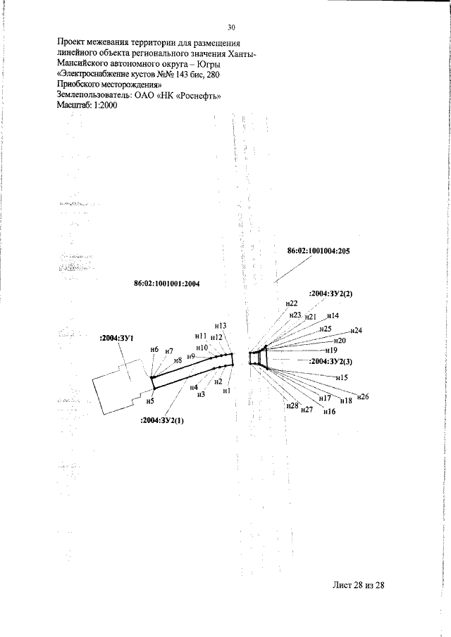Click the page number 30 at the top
click(231, 27)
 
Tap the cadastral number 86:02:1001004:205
click(319, 251)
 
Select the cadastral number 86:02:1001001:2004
click(167, 284)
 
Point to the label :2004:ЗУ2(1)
click(162, 421)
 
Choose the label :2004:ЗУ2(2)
click(330, 294)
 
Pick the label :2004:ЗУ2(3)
click(330, 361)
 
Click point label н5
click(150, 401)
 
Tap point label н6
click(154, 349)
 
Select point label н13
click(221, 326)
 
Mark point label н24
click(356, 330)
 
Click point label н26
click(363, 396)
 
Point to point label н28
click(292, 405)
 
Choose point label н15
click(342, 377)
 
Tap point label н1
click(227, 391)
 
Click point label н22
click(292, 303)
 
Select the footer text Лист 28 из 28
click(358, 585)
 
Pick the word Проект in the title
click(70, 43)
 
